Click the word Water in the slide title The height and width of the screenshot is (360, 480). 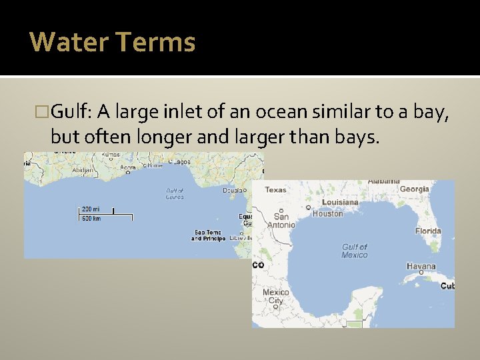pyautogui.click(x=68, y=42)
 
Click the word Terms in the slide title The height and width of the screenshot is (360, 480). pyautogui.click(x=155, y=42)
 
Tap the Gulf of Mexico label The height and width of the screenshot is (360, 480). pyautogui.click(x=355, y=251)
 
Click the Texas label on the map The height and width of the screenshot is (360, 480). pyautogui.click(x=275, y=190)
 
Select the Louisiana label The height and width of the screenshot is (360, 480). pyautogui.click(x=340, y=202)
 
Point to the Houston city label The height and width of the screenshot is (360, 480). pyautogui.click(x=327, y=213)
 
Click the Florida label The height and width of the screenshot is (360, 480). pyautogui.click(x=428, y=231)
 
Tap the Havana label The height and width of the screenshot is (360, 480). pyautogui.click(x=421, y=266)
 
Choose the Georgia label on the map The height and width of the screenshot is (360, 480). pyautogui.click(x=414, y=189)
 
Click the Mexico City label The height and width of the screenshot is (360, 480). pyautogui.click(x=275, y=297)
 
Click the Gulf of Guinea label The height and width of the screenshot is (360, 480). pyautogui.click(x=175, y=193)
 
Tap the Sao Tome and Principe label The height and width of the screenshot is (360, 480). pyautogui.click(x=208, y=235)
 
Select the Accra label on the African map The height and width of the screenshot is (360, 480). pyautogui.click(x=128, y=168)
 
